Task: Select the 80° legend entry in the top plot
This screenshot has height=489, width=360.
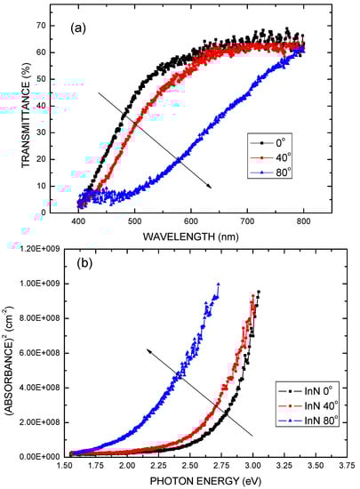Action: (277, 174)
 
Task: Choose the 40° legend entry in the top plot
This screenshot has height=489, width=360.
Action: (277, 157)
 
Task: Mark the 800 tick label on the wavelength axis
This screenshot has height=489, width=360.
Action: (304, 221)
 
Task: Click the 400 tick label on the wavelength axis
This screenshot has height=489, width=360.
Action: (78, 221)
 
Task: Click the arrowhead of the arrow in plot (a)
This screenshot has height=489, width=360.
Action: (210, 187)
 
